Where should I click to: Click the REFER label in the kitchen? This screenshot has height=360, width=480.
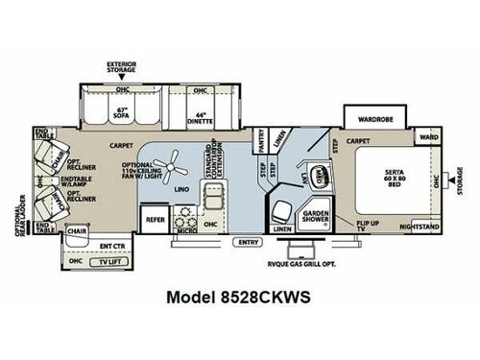pyautogui.click(x=156, y=218)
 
